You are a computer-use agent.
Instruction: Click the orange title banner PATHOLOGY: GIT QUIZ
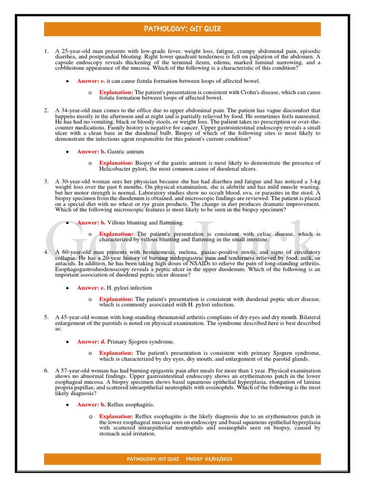(182, 29)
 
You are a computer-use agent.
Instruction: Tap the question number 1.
(46, 51)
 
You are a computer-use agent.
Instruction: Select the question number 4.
(46, 252)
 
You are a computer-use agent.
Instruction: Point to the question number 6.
(46, 370)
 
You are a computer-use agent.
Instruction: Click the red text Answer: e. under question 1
(91, 81)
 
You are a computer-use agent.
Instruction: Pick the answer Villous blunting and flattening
(145, 223)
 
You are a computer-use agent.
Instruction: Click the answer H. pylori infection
(129, 288)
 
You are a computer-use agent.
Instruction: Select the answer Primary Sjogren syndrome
(141, 341)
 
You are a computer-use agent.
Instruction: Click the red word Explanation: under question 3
(116, 234)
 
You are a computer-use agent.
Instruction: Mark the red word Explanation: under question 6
(116, 417)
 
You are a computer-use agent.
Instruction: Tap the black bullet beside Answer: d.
(68, 342)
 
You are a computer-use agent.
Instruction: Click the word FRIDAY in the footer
(194, 459)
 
